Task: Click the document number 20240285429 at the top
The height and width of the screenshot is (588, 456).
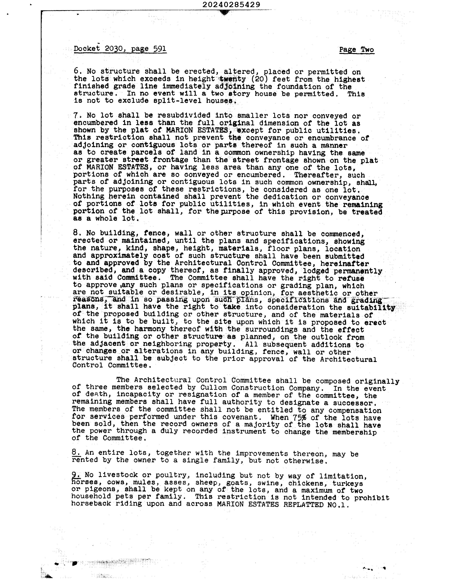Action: point(231,5)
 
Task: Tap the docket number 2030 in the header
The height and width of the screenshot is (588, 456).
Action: point(113,49)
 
